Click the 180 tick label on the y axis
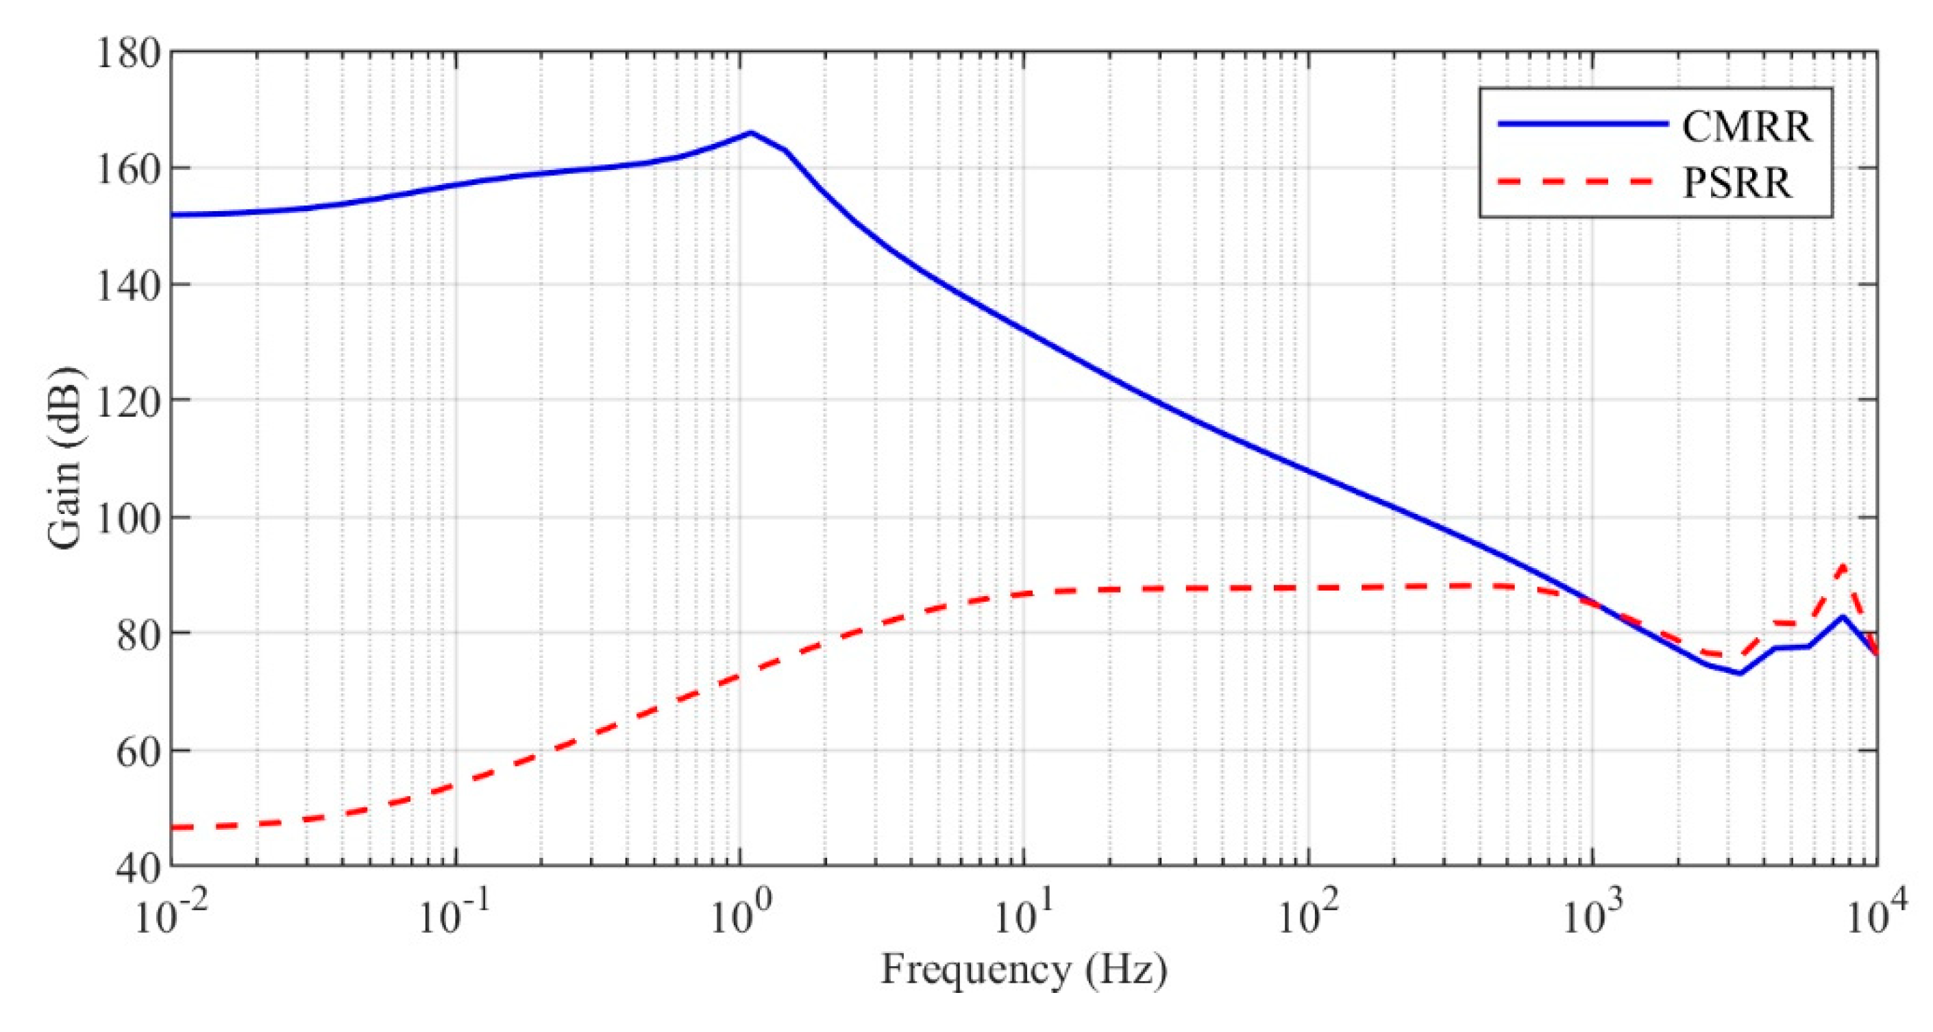[x=128, y=54]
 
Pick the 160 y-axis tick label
[x=128, y=170]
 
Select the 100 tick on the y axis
[x=128, y=519]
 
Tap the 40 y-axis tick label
[x=138, y=868]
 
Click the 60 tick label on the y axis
[x=138, y=751]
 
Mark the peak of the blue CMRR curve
[x=751, y=133]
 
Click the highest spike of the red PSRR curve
[x=1843, y=565]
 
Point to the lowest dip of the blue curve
[x=1739, y=673]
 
